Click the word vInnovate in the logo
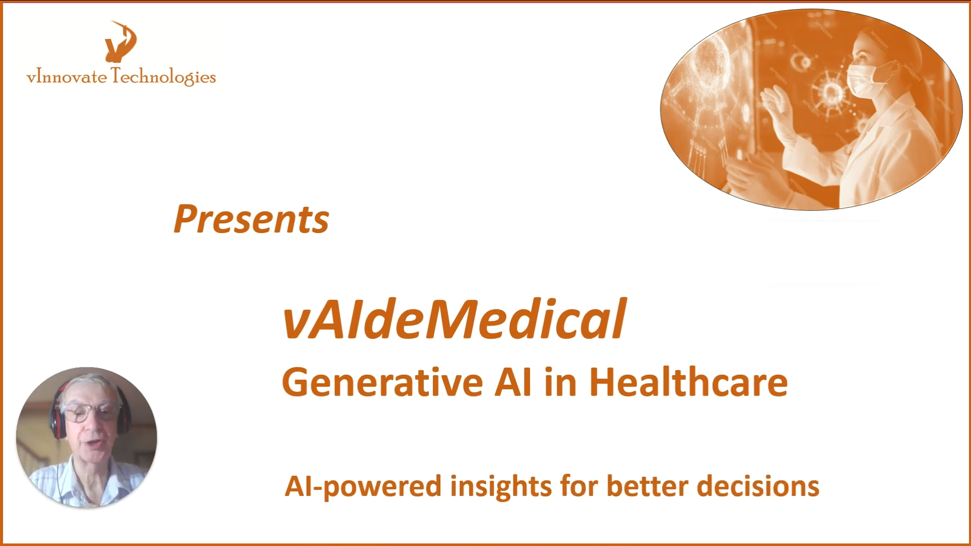click(x=66, y=77)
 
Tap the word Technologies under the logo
click(x=163, y=76)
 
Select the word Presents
click(x=251, y=220)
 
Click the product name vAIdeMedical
click(x=454, y=319)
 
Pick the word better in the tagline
click(x=647, y=486)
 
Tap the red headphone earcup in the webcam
click(x=57, y=420)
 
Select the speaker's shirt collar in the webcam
click(x=86, y=476)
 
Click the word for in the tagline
click(x=579, y=486)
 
